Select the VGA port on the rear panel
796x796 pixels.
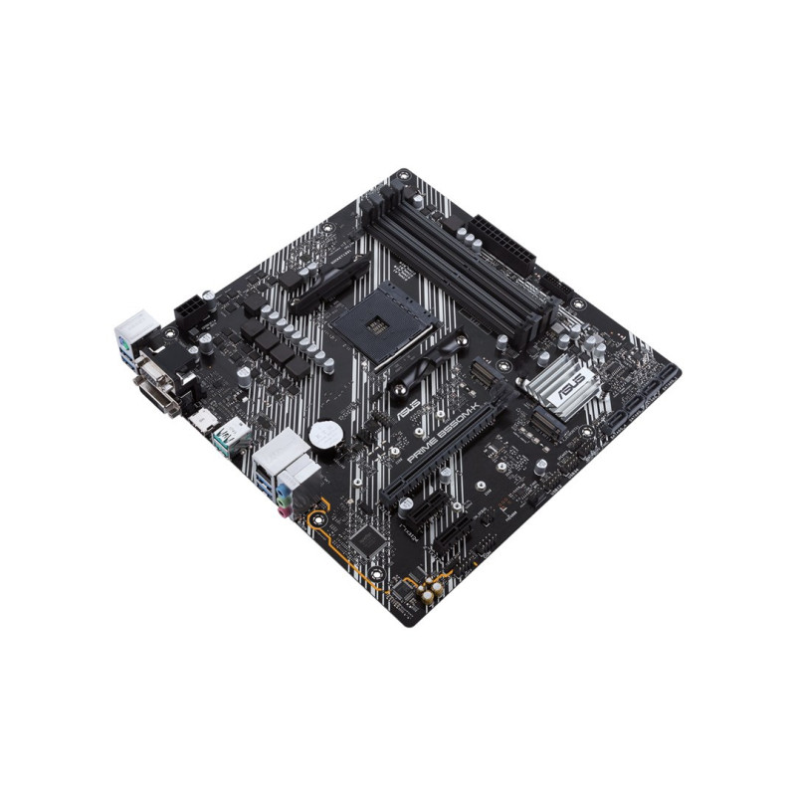click(156, 369)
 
